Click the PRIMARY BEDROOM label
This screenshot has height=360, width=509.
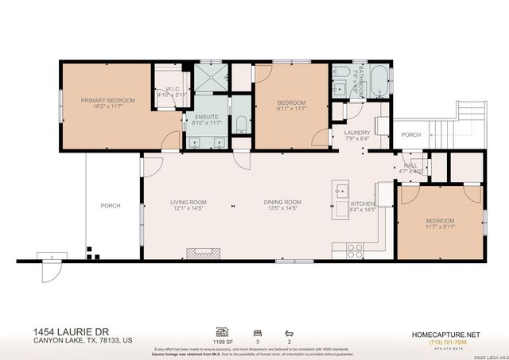pos(108,100)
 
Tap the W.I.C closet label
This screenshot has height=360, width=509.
pos(172,91)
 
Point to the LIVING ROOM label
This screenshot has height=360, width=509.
pos(188,202)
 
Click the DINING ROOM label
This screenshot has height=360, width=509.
pos(282,202)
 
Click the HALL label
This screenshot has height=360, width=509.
pos(412,165)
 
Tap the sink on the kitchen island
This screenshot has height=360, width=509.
pos(340,191)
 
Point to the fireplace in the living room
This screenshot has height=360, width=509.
pos(202,254)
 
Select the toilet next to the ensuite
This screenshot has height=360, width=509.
pos(241,122)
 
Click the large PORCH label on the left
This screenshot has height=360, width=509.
pos(111,206)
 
